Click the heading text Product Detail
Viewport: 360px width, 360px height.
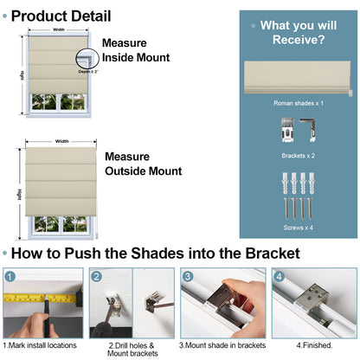(x=61, y=15)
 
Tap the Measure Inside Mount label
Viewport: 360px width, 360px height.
(x=136, y=50)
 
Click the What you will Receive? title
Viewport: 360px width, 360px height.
(x=293, y=32)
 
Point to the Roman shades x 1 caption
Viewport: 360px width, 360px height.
(x=298, y=103)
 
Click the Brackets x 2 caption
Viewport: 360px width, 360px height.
(x=298, y=156)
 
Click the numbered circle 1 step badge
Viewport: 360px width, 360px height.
(x=10, y=277)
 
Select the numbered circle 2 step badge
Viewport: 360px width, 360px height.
(x=98, y=277)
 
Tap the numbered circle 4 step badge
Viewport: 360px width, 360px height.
(x=277, y=277)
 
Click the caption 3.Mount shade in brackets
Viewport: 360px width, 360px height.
(x=220, y=345)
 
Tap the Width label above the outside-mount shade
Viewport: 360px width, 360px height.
(x=62, y=141)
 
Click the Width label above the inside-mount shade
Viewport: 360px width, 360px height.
(x=58, y=29)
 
